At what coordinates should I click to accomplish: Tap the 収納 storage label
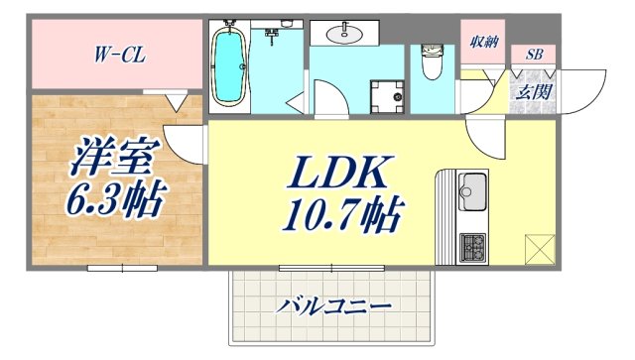click(483, 42)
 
